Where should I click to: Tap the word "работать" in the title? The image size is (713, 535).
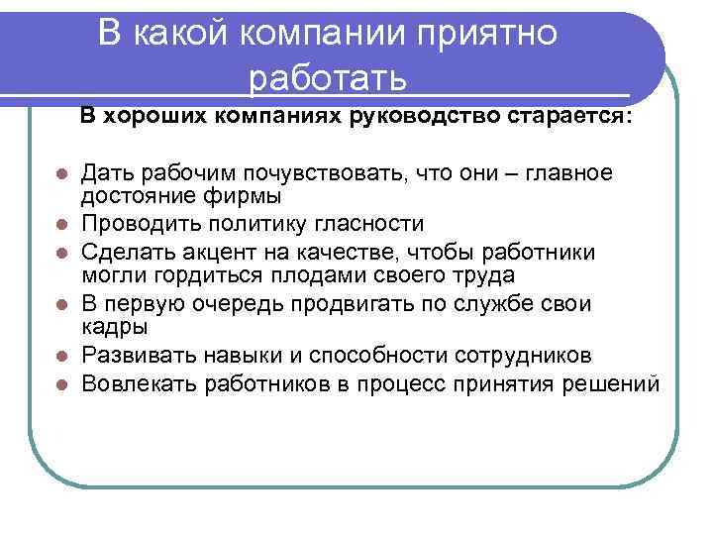point(329,76)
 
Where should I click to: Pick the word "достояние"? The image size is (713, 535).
point(128,195)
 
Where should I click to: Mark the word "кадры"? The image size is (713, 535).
point(114,326)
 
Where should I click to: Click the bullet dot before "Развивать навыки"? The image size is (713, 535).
point(61,355)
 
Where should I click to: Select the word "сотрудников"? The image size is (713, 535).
point(534,354)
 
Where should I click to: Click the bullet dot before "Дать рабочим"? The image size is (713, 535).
point(61,174)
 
